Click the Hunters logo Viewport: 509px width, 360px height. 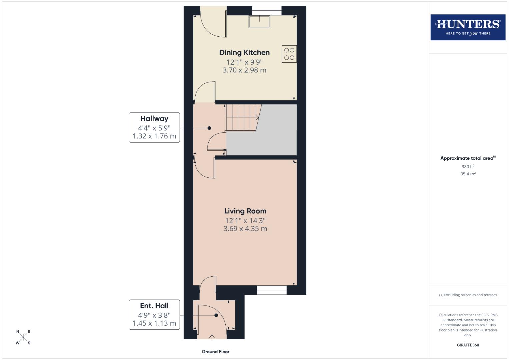[468, 27]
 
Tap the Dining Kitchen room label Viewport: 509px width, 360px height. [244, 52]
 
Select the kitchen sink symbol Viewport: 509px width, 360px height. [259, 22]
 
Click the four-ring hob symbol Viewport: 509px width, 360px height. [289, 54]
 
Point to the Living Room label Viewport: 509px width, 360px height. [245, 211]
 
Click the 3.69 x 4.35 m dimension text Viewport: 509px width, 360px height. [245, 229]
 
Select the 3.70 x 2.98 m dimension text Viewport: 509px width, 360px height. [244, 70]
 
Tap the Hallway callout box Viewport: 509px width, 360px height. [154, 127]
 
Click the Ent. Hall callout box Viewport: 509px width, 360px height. [154, 314]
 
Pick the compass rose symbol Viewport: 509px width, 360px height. [23, 337]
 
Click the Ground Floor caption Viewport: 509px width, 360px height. [215, 352]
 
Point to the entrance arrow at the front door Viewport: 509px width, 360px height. [212, 338]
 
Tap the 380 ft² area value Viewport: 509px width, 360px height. [468, 167]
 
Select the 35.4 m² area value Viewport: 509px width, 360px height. [468, 174]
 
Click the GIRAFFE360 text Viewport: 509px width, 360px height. [468, 345]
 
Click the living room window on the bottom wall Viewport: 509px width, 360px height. [272, 290]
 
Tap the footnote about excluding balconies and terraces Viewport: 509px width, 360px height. [468, 295]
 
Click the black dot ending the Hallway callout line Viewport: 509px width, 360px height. [209, 128]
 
